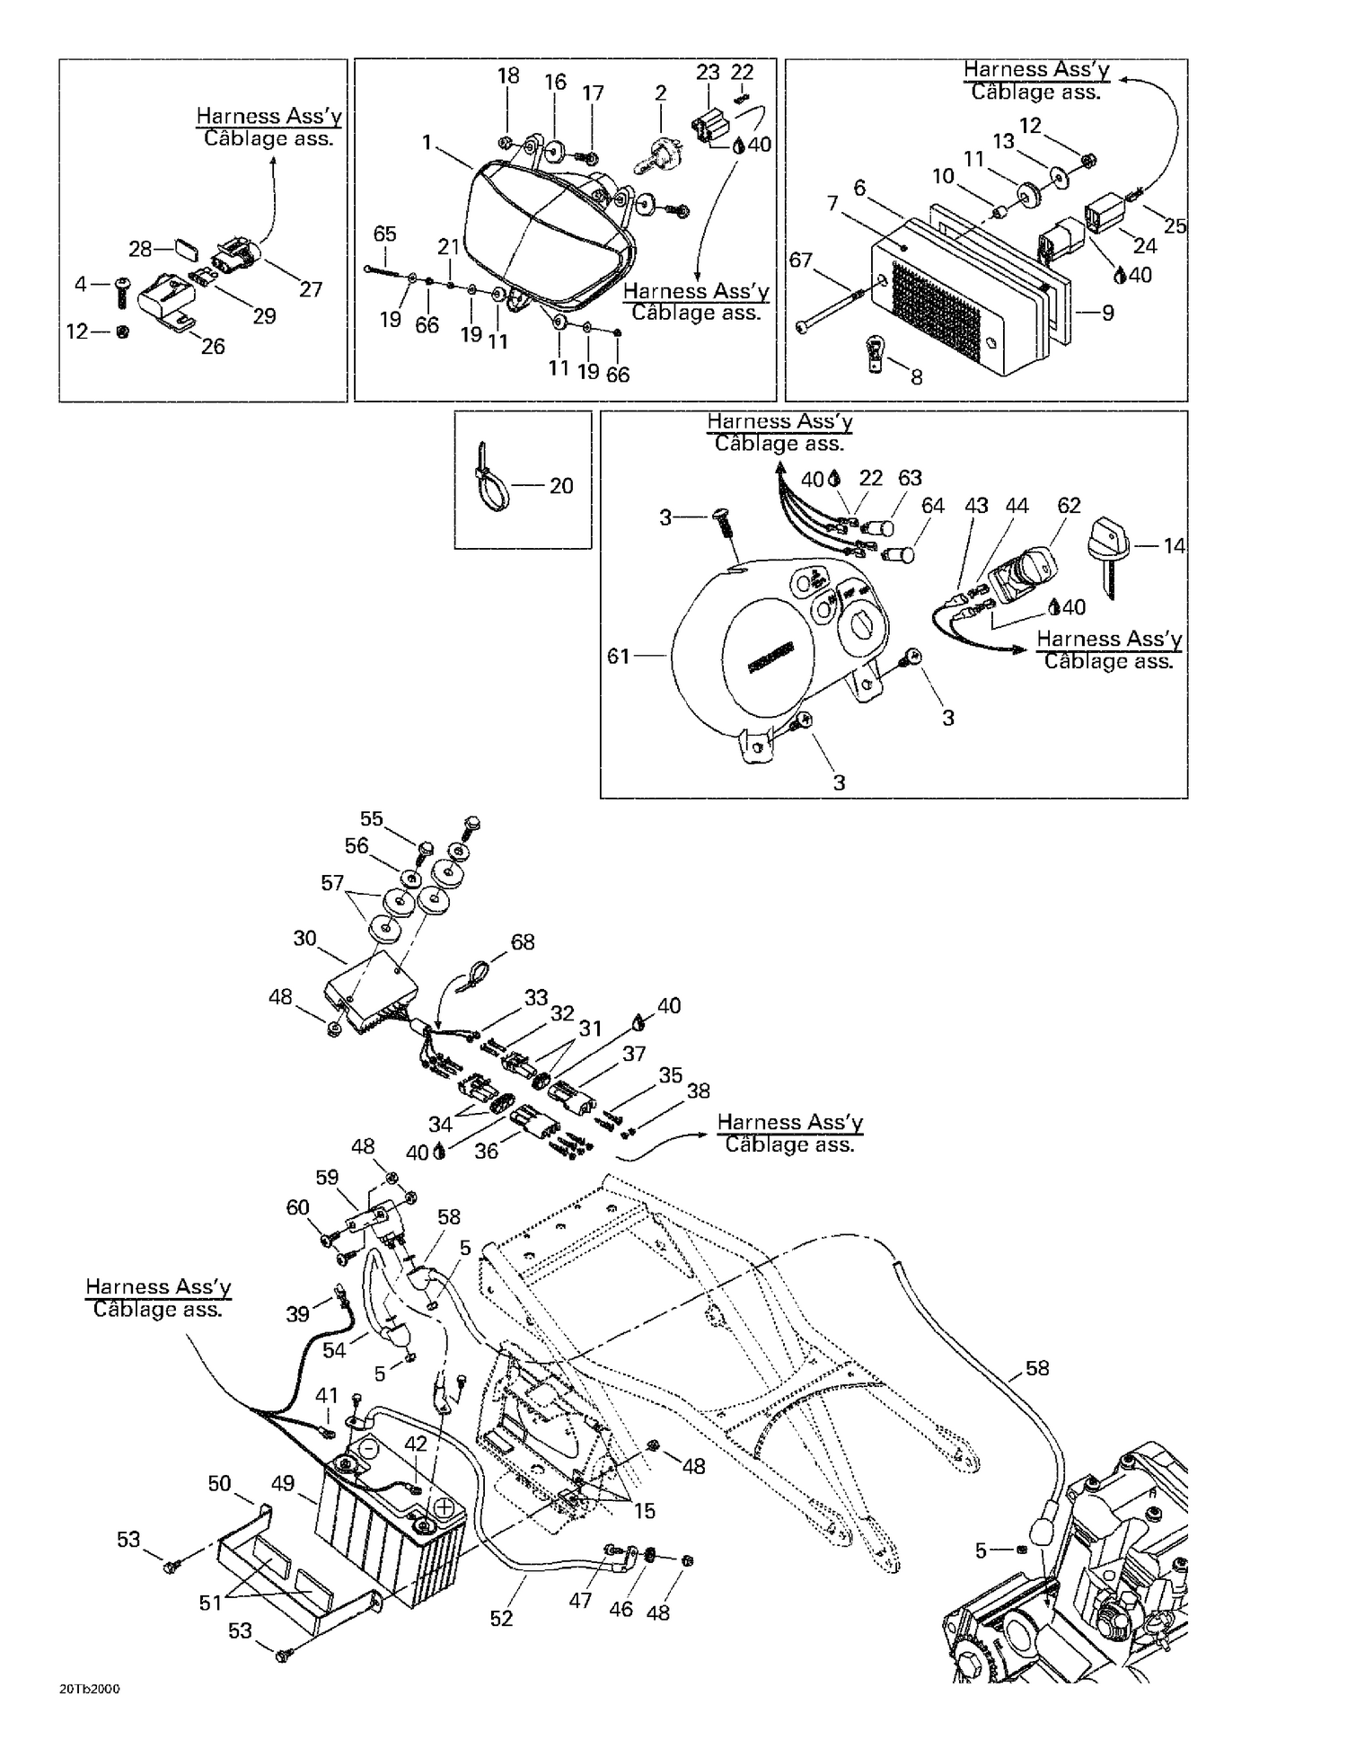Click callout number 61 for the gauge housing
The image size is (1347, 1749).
[x=618, y=657]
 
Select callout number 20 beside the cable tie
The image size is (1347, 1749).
[x=561, y=486]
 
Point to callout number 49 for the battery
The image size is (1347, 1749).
[x=283, y=1484]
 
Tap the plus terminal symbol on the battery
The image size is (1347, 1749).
[x=444, y=1506]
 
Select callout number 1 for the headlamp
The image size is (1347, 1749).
[x=427, y=143]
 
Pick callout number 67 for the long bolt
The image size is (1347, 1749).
[x=800, y=261]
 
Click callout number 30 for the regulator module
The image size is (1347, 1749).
[x=304, y=939]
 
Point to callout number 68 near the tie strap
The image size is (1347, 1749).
[x=523, y=941]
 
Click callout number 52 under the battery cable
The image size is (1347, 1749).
[x=501, y=1619]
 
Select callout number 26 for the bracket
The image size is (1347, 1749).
[x=213, y=347]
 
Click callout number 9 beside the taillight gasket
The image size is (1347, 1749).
[x=1108, y=313]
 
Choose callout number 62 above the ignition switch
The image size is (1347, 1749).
[x=1069, y=506]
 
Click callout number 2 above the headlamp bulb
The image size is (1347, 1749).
[x=661, y=93]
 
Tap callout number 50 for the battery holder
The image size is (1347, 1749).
[x=220, y=1484]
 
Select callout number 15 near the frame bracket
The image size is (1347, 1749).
[x=645, y=1511]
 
